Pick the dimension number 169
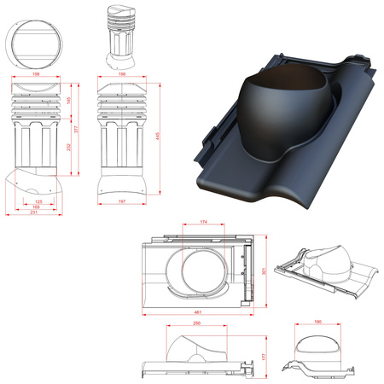click(35, 207)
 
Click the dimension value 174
click(202, 222)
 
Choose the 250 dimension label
click(195, 324)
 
